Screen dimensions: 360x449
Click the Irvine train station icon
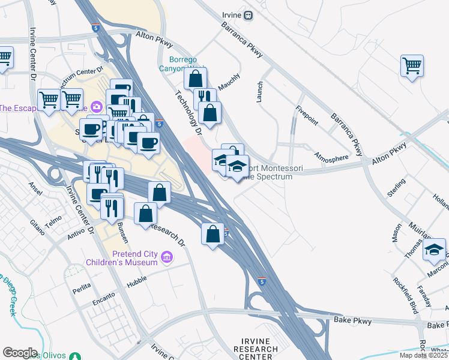pyautogui.click(x=248, y=16)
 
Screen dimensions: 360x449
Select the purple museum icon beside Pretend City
pyautogui.click(x=167, y=258)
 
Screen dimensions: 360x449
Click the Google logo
pyautogui.click(x=20, y=353)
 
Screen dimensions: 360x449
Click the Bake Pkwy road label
pyautogui.click(x=354, y=320)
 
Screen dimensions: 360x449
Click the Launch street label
pyautogui.click(x=260, y=92)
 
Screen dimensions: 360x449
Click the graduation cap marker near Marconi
pyautogui.click(x=434, y=251)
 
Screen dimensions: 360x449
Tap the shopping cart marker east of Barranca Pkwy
pyautogui.click(x=412, y=66)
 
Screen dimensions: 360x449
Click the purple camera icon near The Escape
pyautogui.click(x=96, y=106)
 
